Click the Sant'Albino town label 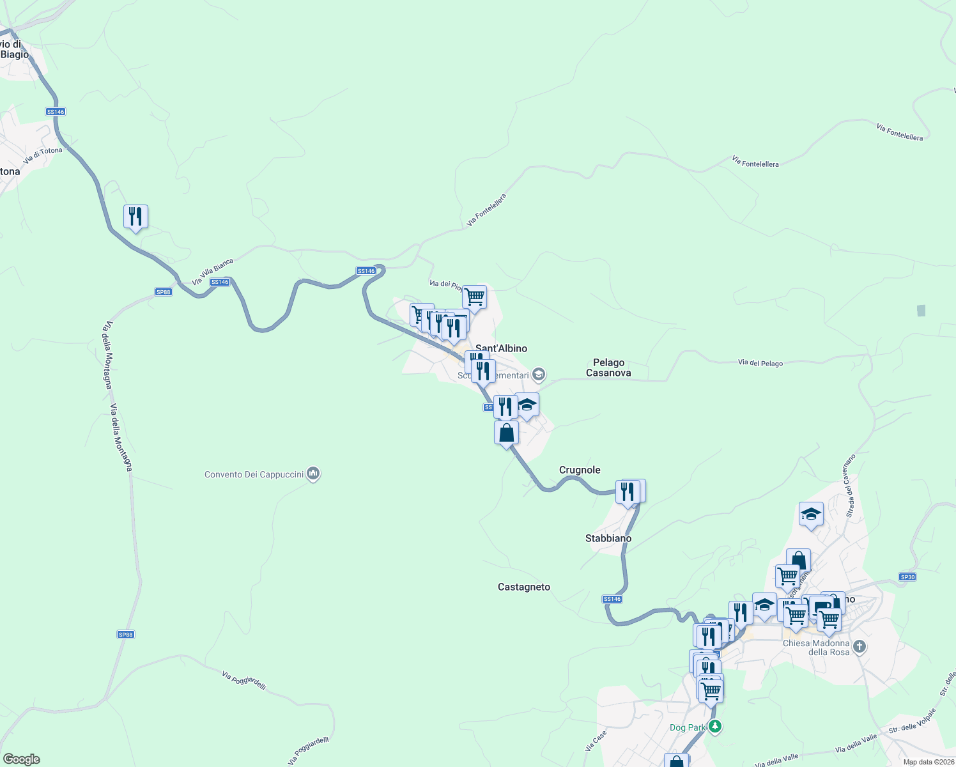click(x=502, y=348)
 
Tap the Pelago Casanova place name click(x=608, y=368)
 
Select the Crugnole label click(x=580, y=470)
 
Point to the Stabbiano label click(x=608, y=538)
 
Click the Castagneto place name click(x=524, y=587)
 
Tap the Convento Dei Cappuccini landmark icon click(x=313, y=474)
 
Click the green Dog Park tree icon click(x=715, y=727)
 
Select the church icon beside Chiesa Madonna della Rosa click(x=860, y=647)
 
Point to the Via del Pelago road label click(x=760, y=363)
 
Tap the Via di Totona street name click(x=43, y=155)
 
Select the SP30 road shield click(x=907, y=577)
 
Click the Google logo click(x=22, y=759)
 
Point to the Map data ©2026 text click(x=929, y=762)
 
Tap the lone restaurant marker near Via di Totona click(x=135, y=217)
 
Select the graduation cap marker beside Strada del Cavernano click(x=811, y=514)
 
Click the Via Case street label click(x=596, y=741)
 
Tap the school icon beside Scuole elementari click(x=539, y=375)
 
